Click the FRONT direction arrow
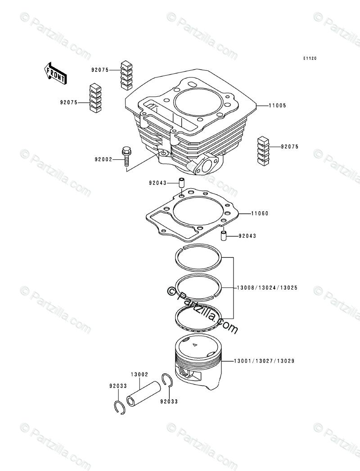(x=55, y=72)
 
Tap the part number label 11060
(x=260, y=213)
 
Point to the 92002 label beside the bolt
(x=103, y=159)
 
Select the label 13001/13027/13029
(x=264, y=361)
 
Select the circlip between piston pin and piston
(x=168, y=380)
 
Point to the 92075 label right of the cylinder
(x=290, y=147)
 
